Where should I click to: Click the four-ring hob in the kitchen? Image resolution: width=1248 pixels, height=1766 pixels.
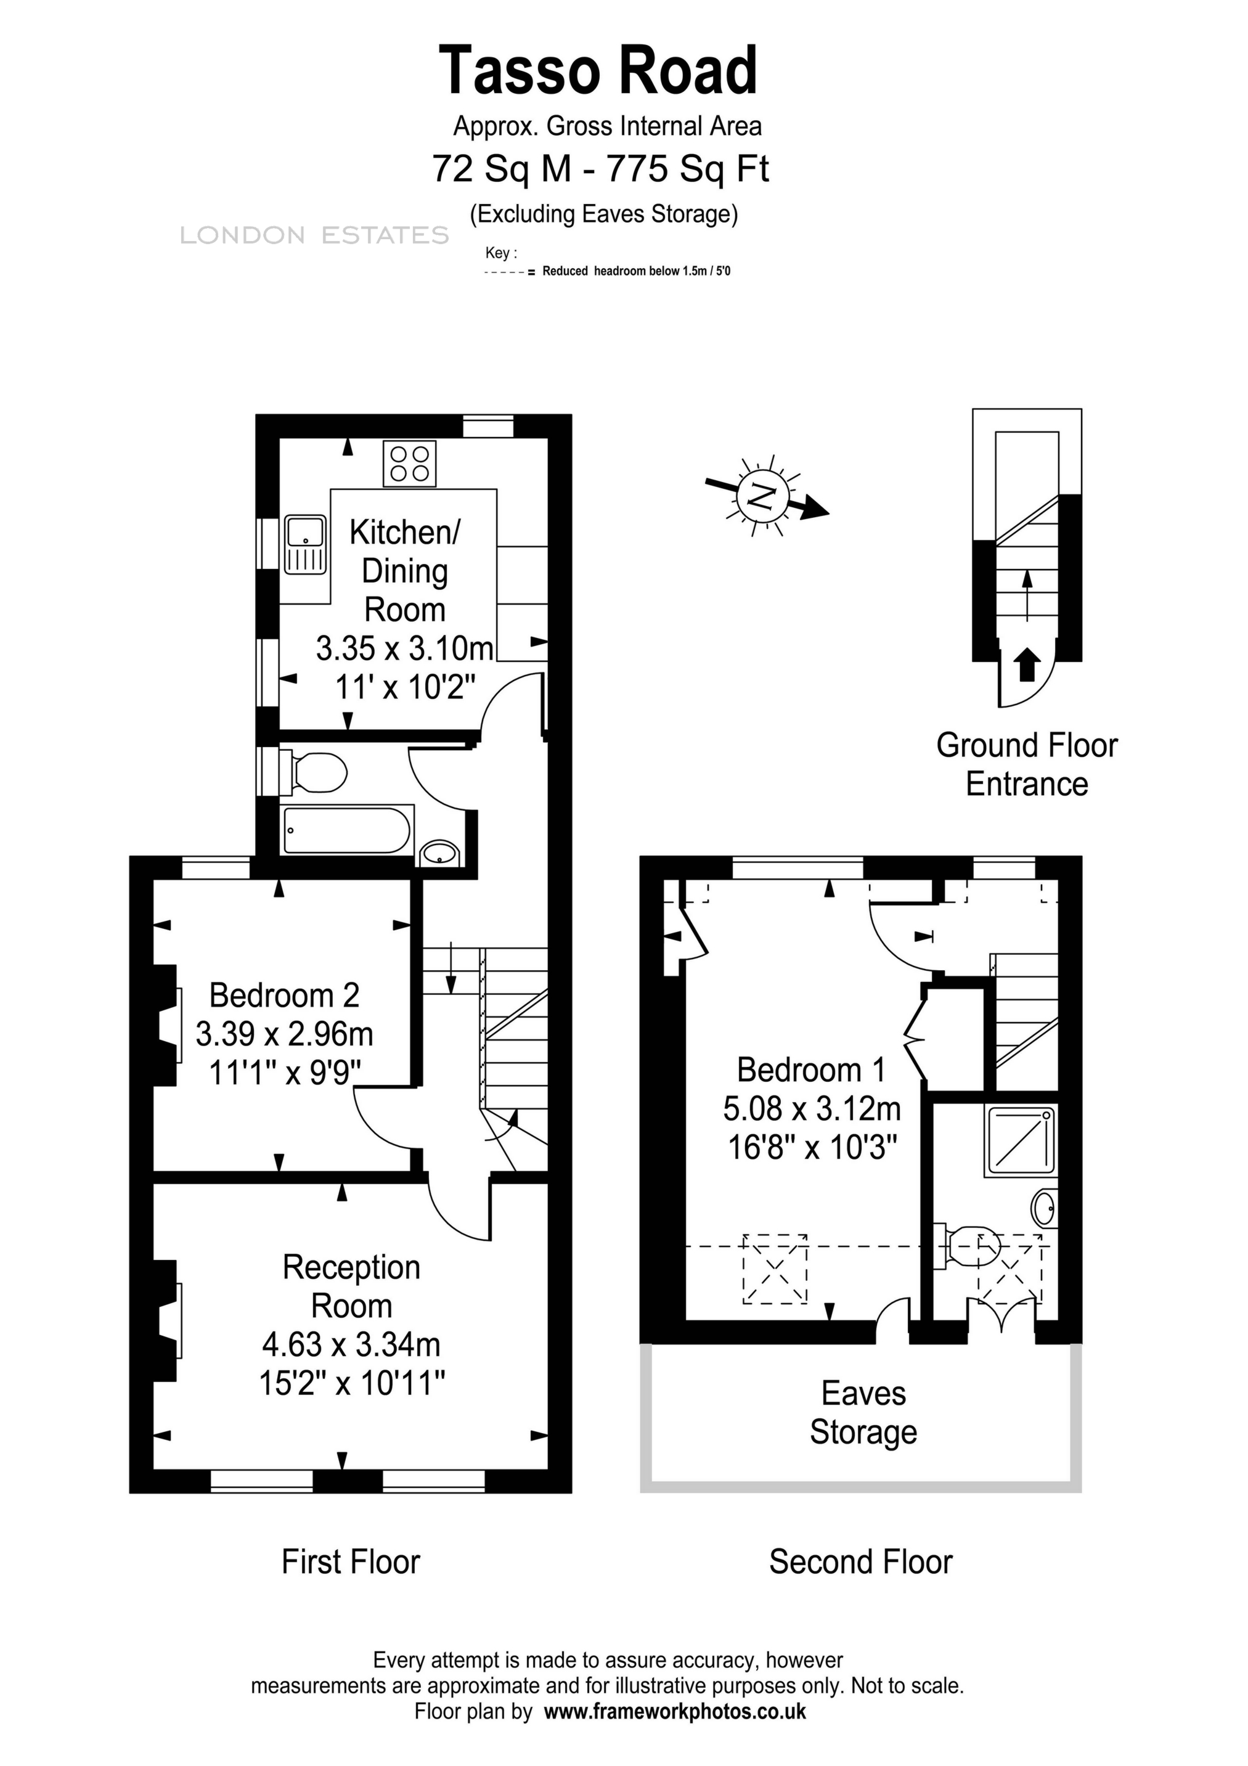pyautogui.click(x=409, y=463)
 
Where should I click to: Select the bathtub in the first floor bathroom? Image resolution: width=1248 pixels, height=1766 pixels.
pyautogui.click(x=348, y=830)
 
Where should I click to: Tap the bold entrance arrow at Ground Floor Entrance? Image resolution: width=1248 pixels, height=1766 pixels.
pyautogui.click(x=1027, y=664)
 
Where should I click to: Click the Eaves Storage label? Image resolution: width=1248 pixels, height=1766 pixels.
pyautogui.click(x=863, y=1412)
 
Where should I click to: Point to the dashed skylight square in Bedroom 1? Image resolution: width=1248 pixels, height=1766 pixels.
pyautogui.click(x=774, y=1269)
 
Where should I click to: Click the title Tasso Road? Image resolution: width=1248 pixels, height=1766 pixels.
pyautogui.click(x=598, y=71)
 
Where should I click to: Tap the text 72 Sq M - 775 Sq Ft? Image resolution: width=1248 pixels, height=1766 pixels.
pyautogui.click(x=600, y=168)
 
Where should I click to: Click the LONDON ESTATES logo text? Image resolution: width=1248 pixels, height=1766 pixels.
pyautogui.click(x=314, y=235)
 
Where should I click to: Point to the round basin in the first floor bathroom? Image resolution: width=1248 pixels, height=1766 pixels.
pyautogui.click(x=440, y=853)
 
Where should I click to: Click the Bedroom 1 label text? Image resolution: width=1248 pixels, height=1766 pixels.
pyautogui.click(x=810, y=1070)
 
